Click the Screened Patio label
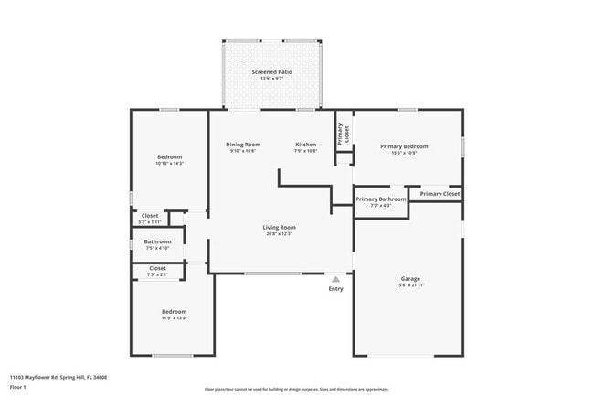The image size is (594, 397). tap(271, 71)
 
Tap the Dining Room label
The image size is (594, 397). tap(243, 145)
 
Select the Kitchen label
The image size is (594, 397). tap(305, 145)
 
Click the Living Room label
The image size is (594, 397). tap(279, 227)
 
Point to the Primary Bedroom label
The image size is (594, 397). tap(403, 146)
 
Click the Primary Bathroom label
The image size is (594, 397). tap(380, 198)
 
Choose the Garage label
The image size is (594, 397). tap(410, 278)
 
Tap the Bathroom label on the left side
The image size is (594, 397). tap(157, 241)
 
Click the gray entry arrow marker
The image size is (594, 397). tap(336, 279)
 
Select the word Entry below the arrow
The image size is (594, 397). tap(336, 289)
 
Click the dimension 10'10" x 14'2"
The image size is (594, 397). tap(169, 163)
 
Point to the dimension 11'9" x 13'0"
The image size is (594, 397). tap(174, 317)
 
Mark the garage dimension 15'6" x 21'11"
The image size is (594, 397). tap(410, 285)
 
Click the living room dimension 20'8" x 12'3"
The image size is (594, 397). tap(279, 234)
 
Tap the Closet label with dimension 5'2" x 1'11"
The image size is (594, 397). tap(150, 216)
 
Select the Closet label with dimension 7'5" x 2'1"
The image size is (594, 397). tap(157, 268)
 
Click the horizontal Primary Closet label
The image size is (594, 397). tap(440, 193)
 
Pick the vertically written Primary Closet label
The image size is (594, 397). tap(341, 134)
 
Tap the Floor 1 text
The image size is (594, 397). tap(18, 387)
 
